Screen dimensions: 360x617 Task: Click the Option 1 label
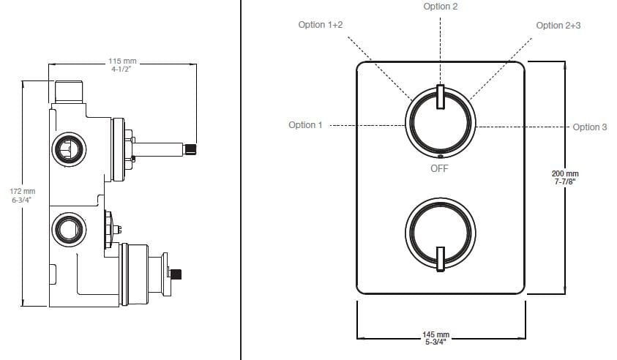(305, 125)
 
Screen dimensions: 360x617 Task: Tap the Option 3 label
(590, 127)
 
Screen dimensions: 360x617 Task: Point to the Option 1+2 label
(321, 25)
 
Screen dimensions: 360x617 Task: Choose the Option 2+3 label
(559, 25)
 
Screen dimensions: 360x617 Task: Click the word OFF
(440, 168)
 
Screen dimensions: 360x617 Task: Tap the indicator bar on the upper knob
(440, 97)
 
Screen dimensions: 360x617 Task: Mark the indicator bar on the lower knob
(440, 259)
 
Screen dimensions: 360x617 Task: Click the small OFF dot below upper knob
(440, 156)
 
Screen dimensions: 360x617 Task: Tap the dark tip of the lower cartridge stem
(176, 274)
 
